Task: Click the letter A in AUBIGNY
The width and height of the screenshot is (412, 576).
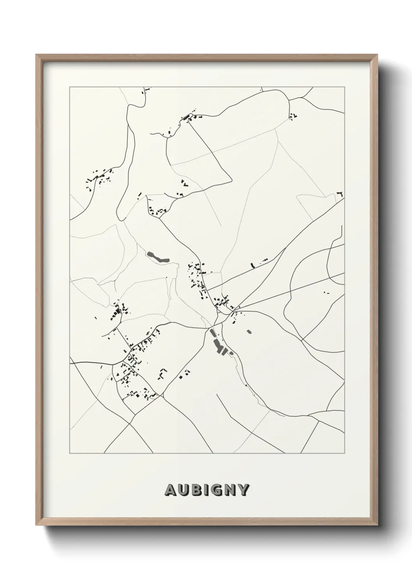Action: (x=171, y=490)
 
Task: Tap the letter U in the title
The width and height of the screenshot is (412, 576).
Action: (x=185, y=490)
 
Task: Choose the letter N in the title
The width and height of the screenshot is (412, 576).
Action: (x=232, y=490)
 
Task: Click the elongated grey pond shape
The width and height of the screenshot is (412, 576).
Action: (x=158, y=257)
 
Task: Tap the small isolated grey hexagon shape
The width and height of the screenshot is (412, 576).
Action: (x=249, y=332)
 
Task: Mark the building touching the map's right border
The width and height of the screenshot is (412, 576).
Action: (x=341, y=194)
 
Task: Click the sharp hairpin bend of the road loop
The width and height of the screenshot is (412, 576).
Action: (x=231, y=179)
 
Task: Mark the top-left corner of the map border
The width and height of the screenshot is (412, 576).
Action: (x=70, y=87)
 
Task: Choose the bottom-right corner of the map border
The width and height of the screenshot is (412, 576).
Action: (x=345, y=453)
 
